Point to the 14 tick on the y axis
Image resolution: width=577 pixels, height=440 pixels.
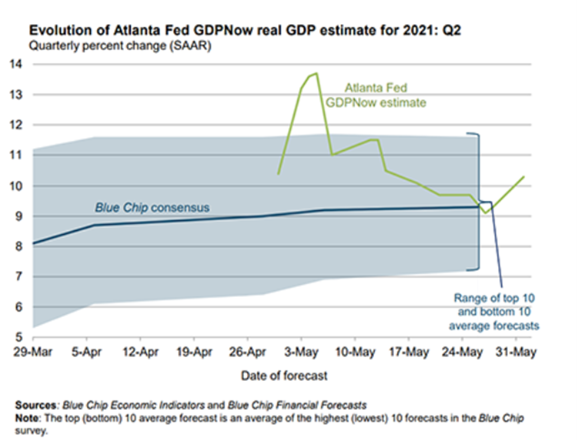(x=24, y=64)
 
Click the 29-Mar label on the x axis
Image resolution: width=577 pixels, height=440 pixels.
(x=33, y=352)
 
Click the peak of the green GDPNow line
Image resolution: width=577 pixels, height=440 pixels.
(x=316, y=73)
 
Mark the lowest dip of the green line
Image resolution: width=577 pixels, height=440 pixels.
(x=486, y=213)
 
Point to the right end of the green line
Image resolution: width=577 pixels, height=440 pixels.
(x=524, y=177)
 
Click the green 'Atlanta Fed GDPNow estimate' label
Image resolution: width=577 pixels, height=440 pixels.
(x=376, y=95)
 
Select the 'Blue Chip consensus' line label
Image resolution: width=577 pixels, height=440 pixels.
(x=151, y=208)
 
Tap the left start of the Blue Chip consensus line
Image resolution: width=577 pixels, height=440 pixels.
(x=34, y=244)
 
